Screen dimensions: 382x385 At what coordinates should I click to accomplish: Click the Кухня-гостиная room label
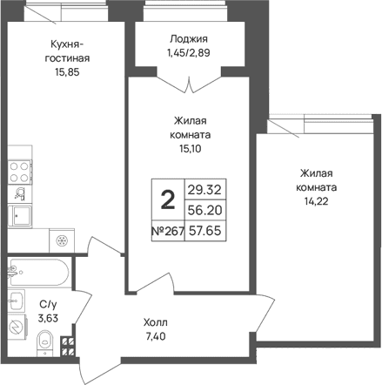click(67, 51)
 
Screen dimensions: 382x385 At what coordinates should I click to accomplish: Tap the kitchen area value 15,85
click(67, 72)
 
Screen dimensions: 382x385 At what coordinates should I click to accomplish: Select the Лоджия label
click(189, 39)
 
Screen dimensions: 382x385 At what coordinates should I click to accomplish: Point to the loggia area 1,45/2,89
click(188, 53)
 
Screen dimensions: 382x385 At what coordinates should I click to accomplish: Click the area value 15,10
click(191, 149)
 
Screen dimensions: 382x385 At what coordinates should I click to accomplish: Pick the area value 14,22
click(316, 201)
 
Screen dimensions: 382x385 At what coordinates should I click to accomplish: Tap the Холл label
click(156, 322)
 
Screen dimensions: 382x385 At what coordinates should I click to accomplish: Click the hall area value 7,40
click(156, 336)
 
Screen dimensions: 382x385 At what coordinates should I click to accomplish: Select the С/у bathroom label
click(48, 305)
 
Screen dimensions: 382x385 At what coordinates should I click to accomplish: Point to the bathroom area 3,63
click(48, 318)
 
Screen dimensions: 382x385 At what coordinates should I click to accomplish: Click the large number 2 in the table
click(168, 199)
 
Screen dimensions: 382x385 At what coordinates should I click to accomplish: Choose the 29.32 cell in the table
click(204, 190)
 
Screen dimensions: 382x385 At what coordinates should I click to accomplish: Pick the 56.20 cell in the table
click(205, 210)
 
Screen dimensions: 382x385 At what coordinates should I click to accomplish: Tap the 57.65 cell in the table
click(205, 231)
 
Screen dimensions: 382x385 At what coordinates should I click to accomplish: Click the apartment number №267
click(168, 231)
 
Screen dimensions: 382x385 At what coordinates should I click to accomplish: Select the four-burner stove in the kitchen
click(20, 172)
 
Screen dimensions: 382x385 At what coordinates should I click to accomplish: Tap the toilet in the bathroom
click(46, 342)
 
